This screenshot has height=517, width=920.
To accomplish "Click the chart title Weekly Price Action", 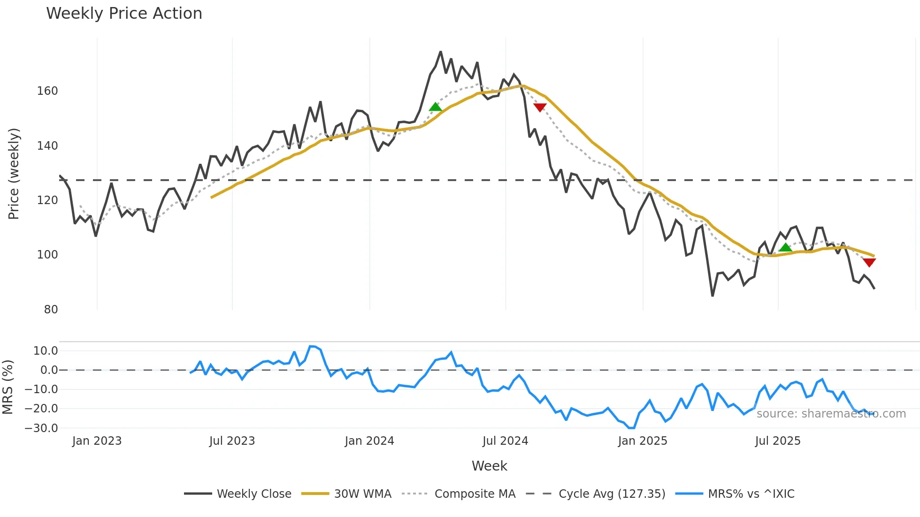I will (124, 14).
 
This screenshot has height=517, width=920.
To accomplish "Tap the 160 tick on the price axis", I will (47, 91).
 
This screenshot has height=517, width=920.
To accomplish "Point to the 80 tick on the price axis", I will (51, 309).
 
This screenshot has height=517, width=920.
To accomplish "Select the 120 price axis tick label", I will (47, 200).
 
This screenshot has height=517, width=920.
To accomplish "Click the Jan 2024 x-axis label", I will (369, 441).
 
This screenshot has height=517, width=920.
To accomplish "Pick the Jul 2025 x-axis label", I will (778, 441).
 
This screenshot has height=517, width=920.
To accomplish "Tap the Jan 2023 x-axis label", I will (97, 441).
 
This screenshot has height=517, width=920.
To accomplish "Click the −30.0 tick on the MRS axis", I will (41, 428).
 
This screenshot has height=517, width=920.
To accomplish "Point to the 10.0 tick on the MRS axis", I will (46, 350).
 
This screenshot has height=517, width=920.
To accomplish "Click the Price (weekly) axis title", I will (14, 174).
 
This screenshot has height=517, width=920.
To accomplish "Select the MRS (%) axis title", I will (8, 387).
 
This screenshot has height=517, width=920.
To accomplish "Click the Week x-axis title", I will (489, 466).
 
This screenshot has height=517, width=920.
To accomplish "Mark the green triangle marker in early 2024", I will (435, 107).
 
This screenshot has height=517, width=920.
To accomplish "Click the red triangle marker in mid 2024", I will (540, 107).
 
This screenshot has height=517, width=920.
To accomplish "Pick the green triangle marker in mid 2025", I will (785, 247).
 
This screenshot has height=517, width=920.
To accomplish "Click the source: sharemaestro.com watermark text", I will (831, 414).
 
